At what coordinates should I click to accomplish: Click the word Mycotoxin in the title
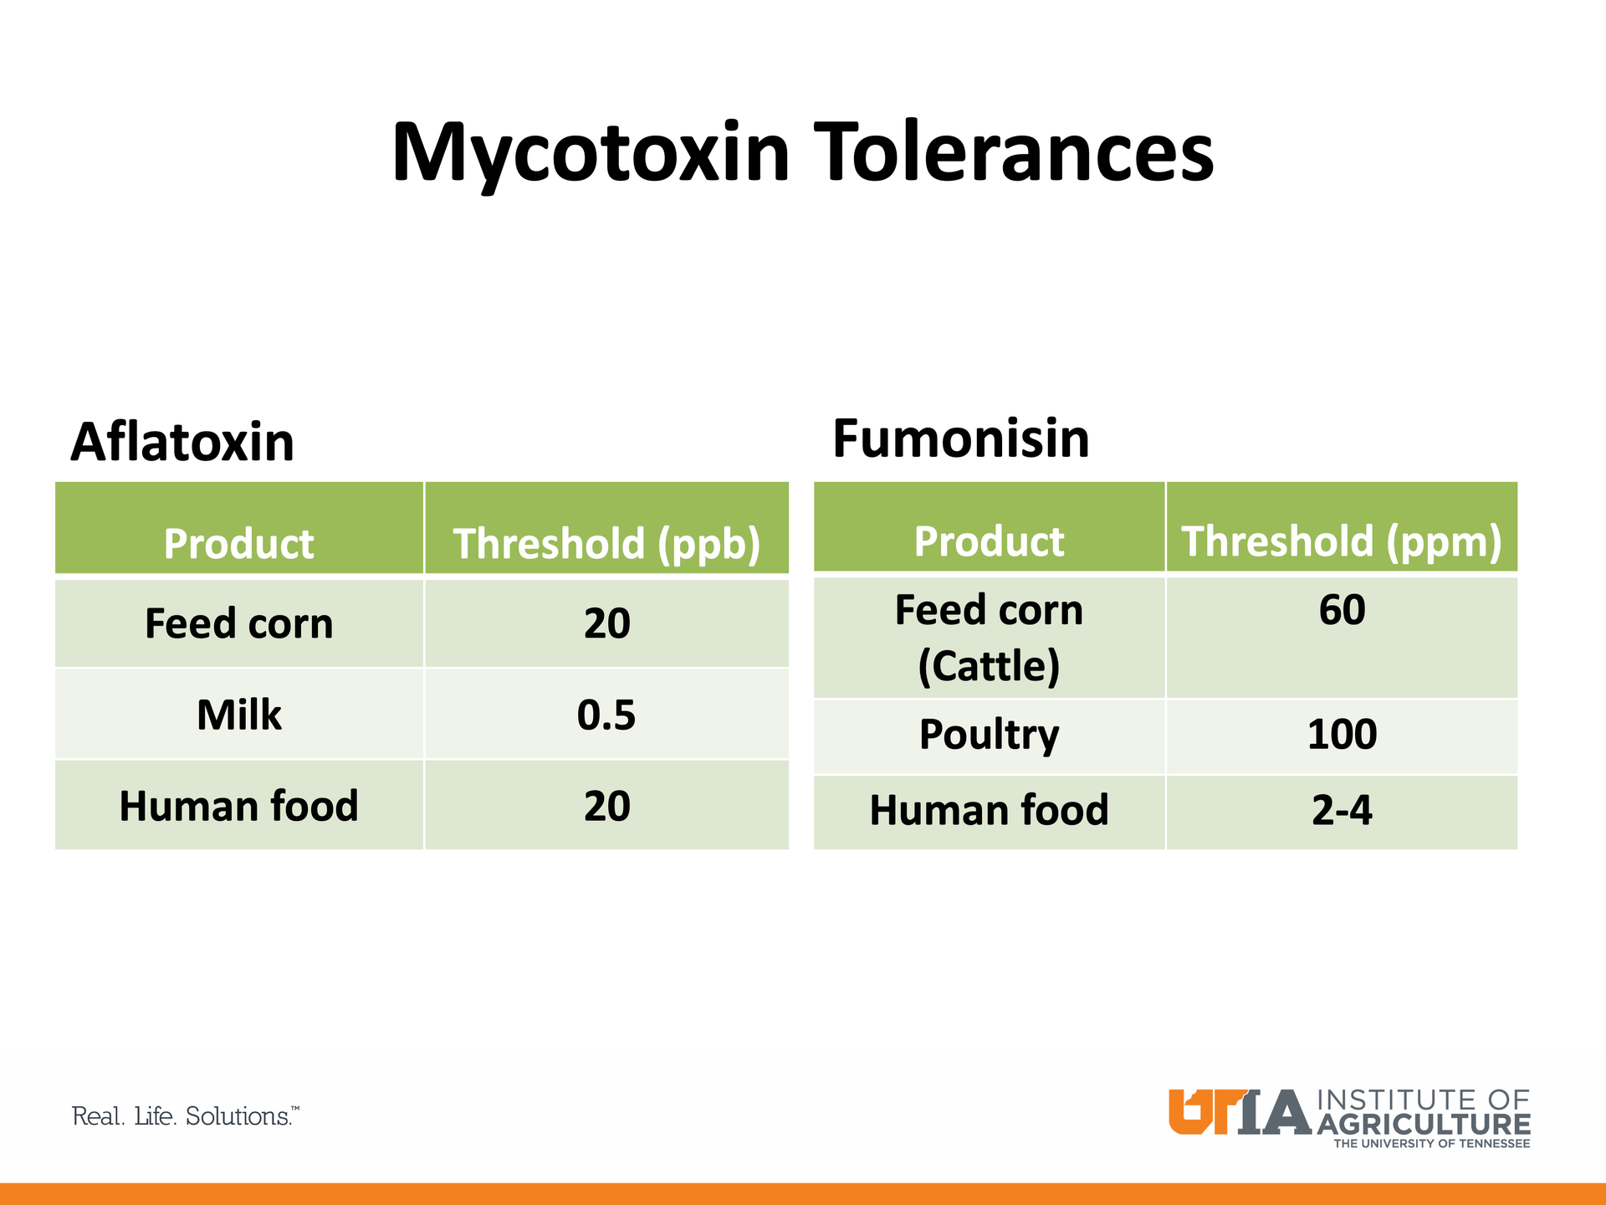pos(591,154)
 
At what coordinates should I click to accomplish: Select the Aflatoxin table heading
pos(182,442)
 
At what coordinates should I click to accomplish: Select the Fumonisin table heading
pos(961,438)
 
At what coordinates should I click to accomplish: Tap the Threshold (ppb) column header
pos(606,544)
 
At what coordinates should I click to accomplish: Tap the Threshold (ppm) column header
pos(1342,541)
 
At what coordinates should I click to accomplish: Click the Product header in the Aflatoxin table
pos(239,544)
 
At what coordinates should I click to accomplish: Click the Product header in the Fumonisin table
pos(990,541)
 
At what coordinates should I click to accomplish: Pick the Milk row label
pos(239,715)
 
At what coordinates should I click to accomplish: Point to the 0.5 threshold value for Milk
pos(606,715)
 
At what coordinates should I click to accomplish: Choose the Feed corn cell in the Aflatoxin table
pos(239,624)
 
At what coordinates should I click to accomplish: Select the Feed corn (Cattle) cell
pos(990,638)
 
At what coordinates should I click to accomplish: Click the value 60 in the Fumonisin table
pos(1342,610)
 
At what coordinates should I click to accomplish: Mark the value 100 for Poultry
pos(1342,735)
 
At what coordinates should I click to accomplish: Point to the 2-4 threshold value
pos(1342,811)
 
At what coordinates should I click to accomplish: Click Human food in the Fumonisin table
pos(990,811)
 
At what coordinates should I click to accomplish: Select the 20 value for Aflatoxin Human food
pos(606,807)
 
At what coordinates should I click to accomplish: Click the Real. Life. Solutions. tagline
pos(186,1116)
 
